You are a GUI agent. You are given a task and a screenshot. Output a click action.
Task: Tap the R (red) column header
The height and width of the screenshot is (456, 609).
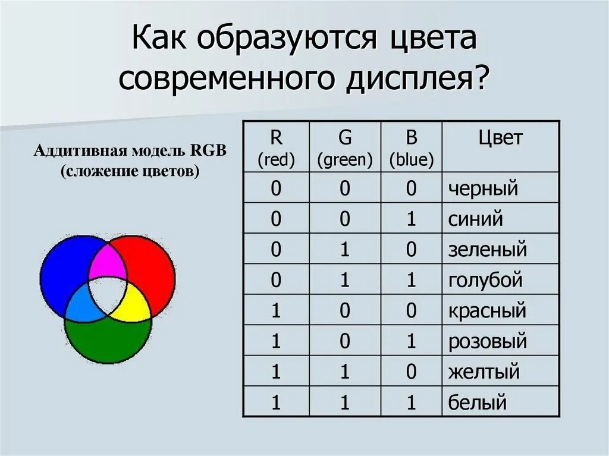276,147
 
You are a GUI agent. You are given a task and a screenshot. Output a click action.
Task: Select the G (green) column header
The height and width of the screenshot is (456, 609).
345,147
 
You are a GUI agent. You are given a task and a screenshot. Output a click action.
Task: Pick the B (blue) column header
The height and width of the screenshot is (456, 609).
412,147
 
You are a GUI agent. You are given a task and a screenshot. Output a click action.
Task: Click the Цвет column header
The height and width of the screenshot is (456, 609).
500,139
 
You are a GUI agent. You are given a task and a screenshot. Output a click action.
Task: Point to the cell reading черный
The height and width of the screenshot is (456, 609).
484,188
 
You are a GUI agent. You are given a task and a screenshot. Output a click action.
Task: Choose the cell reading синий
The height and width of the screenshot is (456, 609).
476,219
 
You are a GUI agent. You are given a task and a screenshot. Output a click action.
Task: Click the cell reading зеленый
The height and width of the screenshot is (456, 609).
488,249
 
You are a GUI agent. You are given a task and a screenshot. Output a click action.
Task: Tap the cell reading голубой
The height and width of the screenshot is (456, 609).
485,279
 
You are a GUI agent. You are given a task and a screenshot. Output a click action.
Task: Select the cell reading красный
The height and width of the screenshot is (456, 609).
488,310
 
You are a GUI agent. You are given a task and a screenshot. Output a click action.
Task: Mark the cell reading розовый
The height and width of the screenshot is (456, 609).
488,341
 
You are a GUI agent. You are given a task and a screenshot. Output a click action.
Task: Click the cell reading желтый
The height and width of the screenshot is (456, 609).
484,372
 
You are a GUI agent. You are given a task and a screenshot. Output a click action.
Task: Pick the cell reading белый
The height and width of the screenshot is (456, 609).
478,402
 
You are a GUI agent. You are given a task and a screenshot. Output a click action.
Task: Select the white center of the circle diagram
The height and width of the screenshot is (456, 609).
108,294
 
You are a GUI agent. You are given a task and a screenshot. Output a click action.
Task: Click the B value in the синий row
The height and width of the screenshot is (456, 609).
412,219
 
